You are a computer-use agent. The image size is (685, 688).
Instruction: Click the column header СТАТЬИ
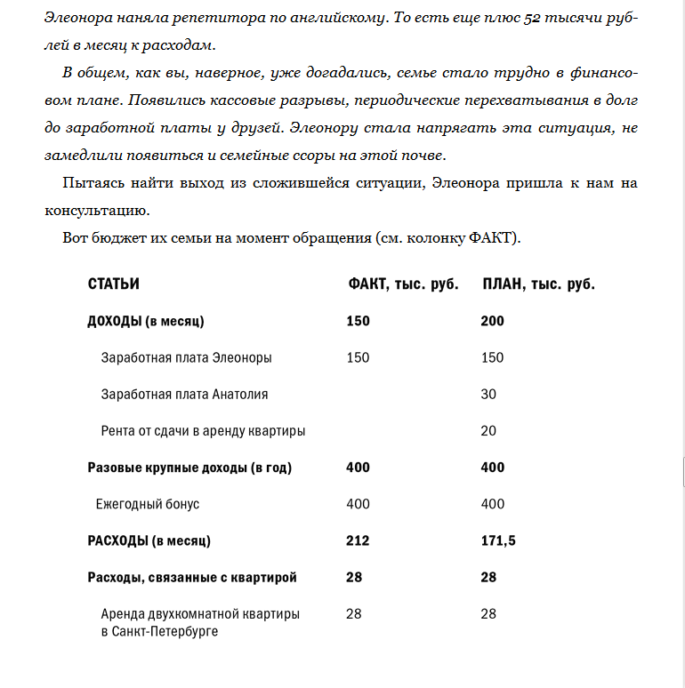(114, 284)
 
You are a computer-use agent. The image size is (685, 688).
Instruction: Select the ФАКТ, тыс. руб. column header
(402, 284)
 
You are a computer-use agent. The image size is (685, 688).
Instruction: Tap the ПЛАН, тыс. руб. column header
(537, 284)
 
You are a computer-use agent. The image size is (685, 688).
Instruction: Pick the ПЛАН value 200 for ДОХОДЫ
(492, 321)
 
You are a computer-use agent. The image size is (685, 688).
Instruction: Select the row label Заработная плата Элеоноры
(186, 357)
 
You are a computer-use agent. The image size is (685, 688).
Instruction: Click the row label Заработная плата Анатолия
(184, 394)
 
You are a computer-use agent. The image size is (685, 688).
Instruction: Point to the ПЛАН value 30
(488, 394)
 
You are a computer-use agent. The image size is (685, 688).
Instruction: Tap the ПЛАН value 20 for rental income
(488, 430)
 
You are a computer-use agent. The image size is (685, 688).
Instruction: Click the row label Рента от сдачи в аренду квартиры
(203, 430)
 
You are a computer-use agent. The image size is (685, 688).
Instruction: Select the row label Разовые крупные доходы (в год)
(189, 467)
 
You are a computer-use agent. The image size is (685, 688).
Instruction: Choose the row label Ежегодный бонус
(148, 504)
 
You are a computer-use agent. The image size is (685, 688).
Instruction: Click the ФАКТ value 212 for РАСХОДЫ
(358, 540)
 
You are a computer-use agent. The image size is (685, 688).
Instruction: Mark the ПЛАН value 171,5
(498, 540)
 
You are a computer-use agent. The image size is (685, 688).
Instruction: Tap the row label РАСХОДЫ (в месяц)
(149, 540)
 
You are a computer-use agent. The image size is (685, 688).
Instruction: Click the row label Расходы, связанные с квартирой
(192, 577)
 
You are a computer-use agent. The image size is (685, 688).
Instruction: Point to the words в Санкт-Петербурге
(159, 632)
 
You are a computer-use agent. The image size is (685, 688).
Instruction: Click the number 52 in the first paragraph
(534, 19)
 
